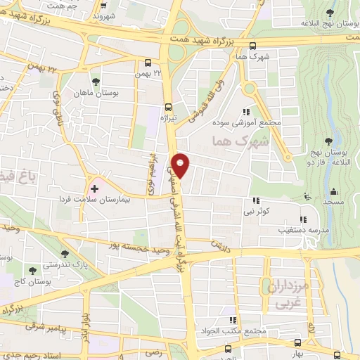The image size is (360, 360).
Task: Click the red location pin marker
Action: (x=181, y=165)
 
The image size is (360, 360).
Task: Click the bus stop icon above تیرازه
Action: (x=167, y=107)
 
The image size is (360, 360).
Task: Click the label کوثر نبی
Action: (x=256, y=211)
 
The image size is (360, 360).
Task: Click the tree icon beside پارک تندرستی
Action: (x=65, y=253)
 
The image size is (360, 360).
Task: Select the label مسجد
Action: (x=333, y=202)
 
